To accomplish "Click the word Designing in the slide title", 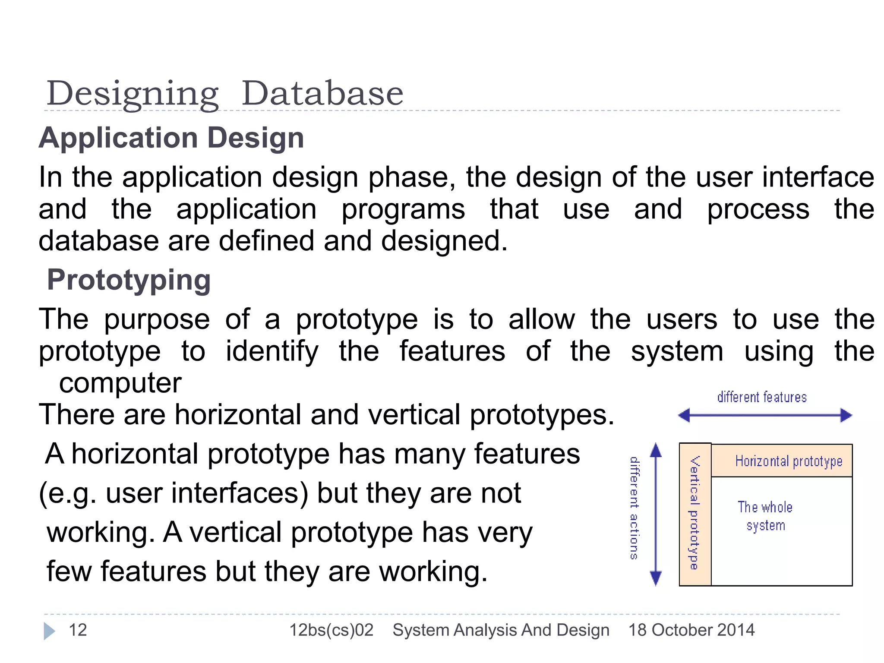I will [x=133, y=94].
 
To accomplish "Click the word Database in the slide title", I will [x=322, y=94].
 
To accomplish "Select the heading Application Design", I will [x=171, y=138].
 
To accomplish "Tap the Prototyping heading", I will [x=129, y=280].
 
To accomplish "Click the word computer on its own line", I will [x=120, y=383].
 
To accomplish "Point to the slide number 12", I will [x=78, y=630].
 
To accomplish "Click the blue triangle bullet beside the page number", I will [x=49, y=631].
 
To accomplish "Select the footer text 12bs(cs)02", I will [x=331, y=630].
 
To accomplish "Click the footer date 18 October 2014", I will [x=691, y=630].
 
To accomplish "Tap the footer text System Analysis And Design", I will [x=501, y=630].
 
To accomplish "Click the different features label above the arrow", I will [x=762, y=397].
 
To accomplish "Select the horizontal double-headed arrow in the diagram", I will [x=765, y=416].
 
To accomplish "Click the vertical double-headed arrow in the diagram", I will [x=656, y=514].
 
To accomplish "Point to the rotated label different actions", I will [x=634, y=508].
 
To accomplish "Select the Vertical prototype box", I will [x=695, y=514].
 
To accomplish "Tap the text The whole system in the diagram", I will [x=765, y=516].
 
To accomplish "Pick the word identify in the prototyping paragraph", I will [x=272, y=351].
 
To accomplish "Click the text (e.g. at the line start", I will [x=67, y=494].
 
